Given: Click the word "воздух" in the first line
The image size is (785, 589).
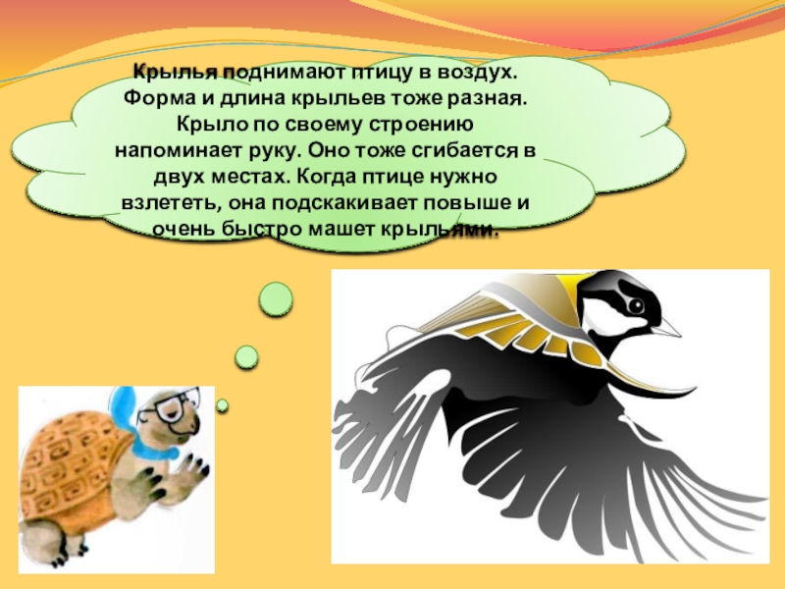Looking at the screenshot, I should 478,74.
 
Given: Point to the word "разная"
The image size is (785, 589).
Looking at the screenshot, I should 483,100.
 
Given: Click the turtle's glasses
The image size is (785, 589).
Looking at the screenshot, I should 177,401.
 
